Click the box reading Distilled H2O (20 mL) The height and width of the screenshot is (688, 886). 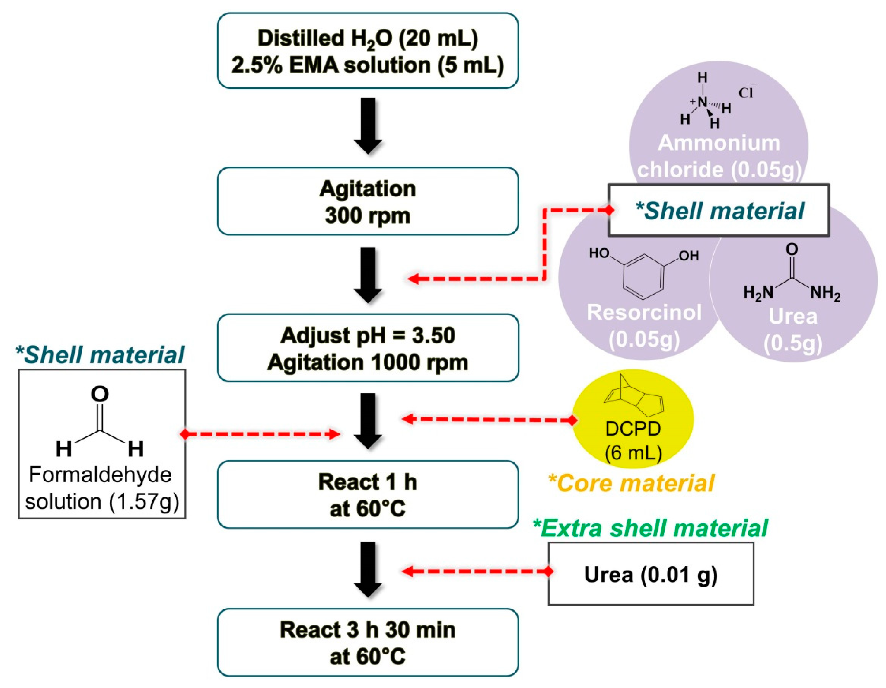tap(367, 51)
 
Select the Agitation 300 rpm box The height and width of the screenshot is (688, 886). tap(367, 201)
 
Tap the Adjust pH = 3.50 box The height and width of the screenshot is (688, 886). tap(367, 348)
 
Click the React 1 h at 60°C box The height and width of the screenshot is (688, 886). tap(367, 494)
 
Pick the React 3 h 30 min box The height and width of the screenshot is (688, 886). tap(367, 642)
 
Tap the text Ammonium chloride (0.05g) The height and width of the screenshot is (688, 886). tap(719, 156)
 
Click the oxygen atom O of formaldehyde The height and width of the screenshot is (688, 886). tap(100, 394)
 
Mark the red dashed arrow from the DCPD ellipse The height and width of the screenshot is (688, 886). tap(487, 419)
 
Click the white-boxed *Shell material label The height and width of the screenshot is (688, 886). tap(718, 210)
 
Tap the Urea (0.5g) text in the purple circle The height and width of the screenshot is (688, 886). tap(793, 329)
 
